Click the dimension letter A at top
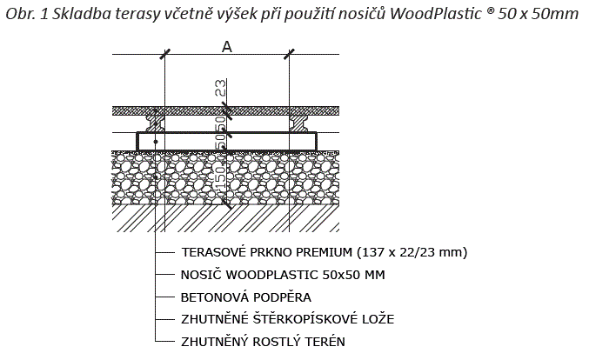pos(227,47)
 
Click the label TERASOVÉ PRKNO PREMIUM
pos(267,252)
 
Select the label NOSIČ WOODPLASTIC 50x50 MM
pos(283,275)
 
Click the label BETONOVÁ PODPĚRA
pos(246,297)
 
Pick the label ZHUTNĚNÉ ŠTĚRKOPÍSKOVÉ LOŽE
pos(288,319)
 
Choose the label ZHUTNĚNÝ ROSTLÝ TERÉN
pos(263,342)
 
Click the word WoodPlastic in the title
pos(435,14)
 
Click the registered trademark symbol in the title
pos(490,10)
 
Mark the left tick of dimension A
pos(165,54)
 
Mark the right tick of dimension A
pos(289,54)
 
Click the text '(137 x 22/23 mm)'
pos(412,252)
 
